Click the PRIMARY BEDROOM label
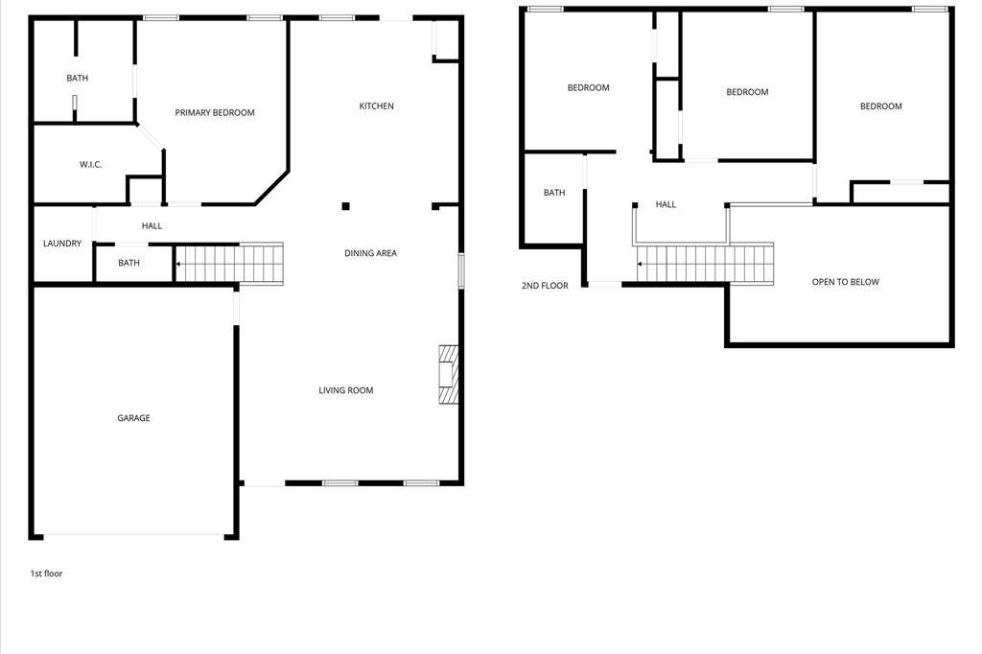(215, 113)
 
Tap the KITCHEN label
(376, 105)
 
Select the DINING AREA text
(371, 253)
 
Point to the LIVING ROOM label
(345, 390)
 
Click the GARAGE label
(133, 418)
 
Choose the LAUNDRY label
(62, 243)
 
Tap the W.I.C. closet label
(91, 165)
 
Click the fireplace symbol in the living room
(449, 374)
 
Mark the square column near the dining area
(345, 206)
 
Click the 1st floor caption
(46, 573)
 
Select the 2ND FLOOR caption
(545, 286)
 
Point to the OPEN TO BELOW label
(846, 282)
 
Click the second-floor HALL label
(666, 204)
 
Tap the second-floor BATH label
(554, 193)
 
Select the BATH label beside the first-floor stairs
(129, 263)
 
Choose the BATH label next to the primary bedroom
(77, 79)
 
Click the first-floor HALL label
(152, 225)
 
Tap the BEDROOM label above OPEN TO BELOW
(881, 106)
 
